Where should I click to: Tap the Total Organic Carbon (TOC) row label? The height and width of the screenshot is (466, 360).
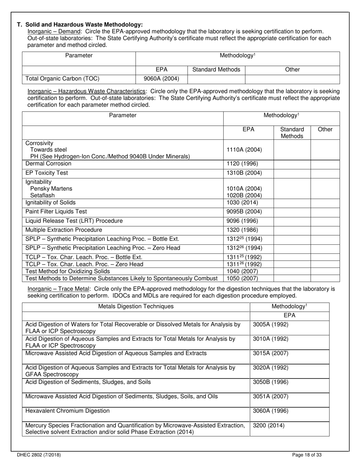(62, 79)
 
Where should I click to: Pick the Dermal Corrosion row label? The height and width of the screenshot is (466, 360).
(48, 164)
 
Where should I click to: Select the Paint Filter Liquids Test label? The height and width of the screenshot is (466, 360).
(56, 211)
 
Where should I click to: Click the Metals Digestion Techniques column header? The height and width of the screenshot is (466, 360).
(136, 306)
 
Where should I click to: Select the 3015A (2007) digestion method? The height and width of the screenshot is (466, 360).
(270, 353)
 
